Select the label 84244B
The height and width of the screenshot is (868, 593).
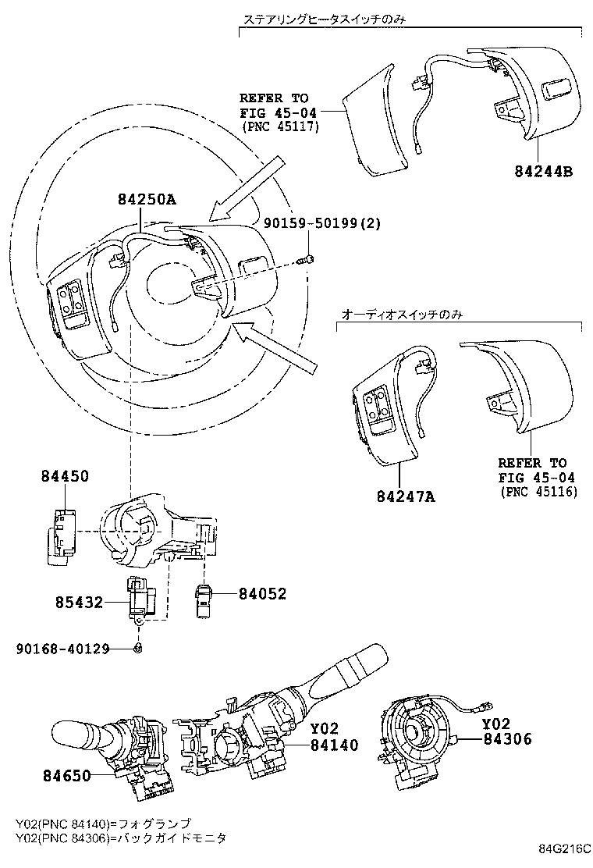543,170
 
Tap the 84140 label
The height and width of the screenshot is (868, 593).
334,745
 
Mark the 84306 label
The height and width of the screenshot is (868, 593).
506,738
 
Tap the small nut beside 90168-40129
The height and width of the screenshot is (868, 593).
137,648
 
